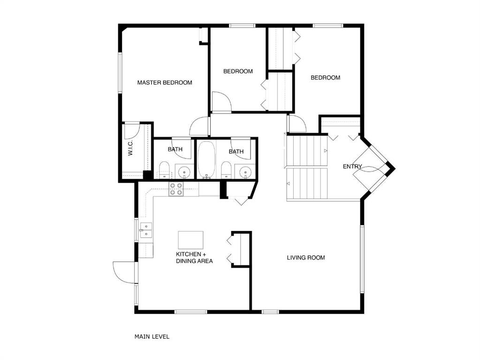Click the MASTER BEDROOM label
coord(165,82)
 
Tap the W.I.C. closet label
coord(130,148)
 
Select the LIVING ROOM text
coord(306,257)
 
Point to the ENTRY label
coord(352,166)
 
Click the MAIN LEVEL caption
coord(152,337)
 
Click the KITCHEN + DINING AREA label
coord(194,257)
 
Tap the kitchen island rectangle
coord(190,240)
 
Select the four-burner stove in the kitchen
coord(176,189)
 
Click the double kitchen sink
coord(146,230)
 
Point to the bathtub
coord(206,160)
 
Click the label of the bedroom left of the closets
coord(238,71)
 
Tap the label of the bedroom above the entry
coord(326,78)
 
